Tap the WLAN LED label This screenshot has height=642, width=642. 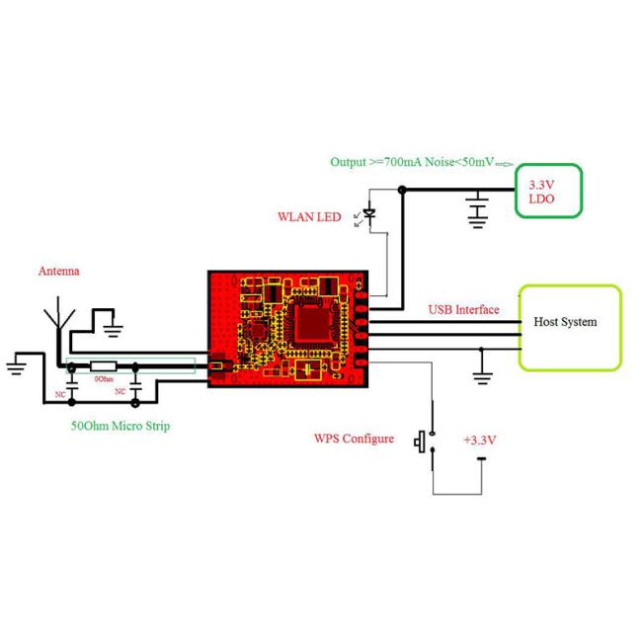tap(309, 217)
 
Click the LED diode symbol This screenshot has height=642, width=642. tap(369, 213)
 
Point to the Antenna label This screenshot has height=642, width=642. tap(59, 271)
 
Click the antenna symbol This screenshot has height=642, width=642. tap(59, 313)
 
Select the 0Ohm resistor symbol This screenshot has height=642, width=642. tap(103, 366)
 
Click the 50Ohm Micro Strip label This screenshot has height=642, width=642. tap(120, 426)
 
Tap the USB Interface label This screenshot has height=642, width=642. tap(463, 309)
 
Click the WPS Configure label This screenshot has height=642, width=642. tap(354, 439)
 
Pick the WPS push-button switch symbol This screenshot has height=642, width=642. tap(426, 441)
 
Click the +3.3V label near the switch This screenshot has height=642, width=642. tap(479, 441)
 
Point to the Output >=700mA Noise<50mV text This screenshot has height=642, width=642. tap(412, 162)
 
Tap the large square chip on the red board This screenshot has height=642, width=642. tap(312, 324)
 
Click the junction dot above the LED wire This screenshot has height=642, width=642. tap(402, 190)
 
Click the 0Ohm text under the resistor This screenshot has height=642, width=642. tap(104, 379)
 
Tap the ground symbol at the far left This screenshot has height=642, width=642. tap(17, 366)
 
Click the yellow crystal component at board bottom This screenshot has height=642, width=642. tap(308, 370)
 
